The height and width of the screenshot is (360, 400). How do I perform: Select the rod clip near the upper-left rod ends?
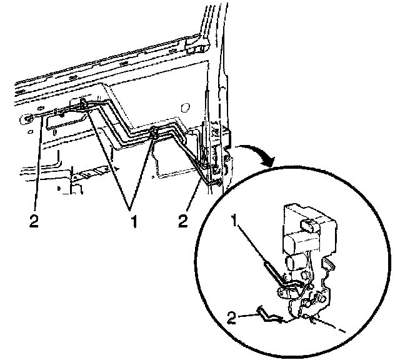pyautogui.click(x=83, y=107)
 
